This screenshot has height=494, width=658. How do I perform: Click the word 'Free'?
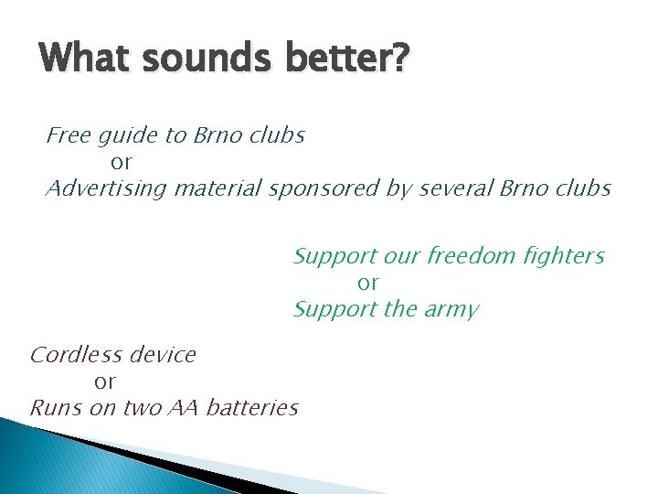[69, 136]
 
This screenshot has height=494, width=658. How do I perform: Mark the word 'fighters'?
[565, 257]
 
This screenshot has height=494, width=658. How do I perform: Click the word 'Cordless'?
[76, 355]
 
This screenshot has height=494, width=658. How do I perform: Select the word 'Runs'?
[56, 408]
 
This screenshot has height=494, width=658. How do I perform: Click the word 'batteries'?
[253, 408]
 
